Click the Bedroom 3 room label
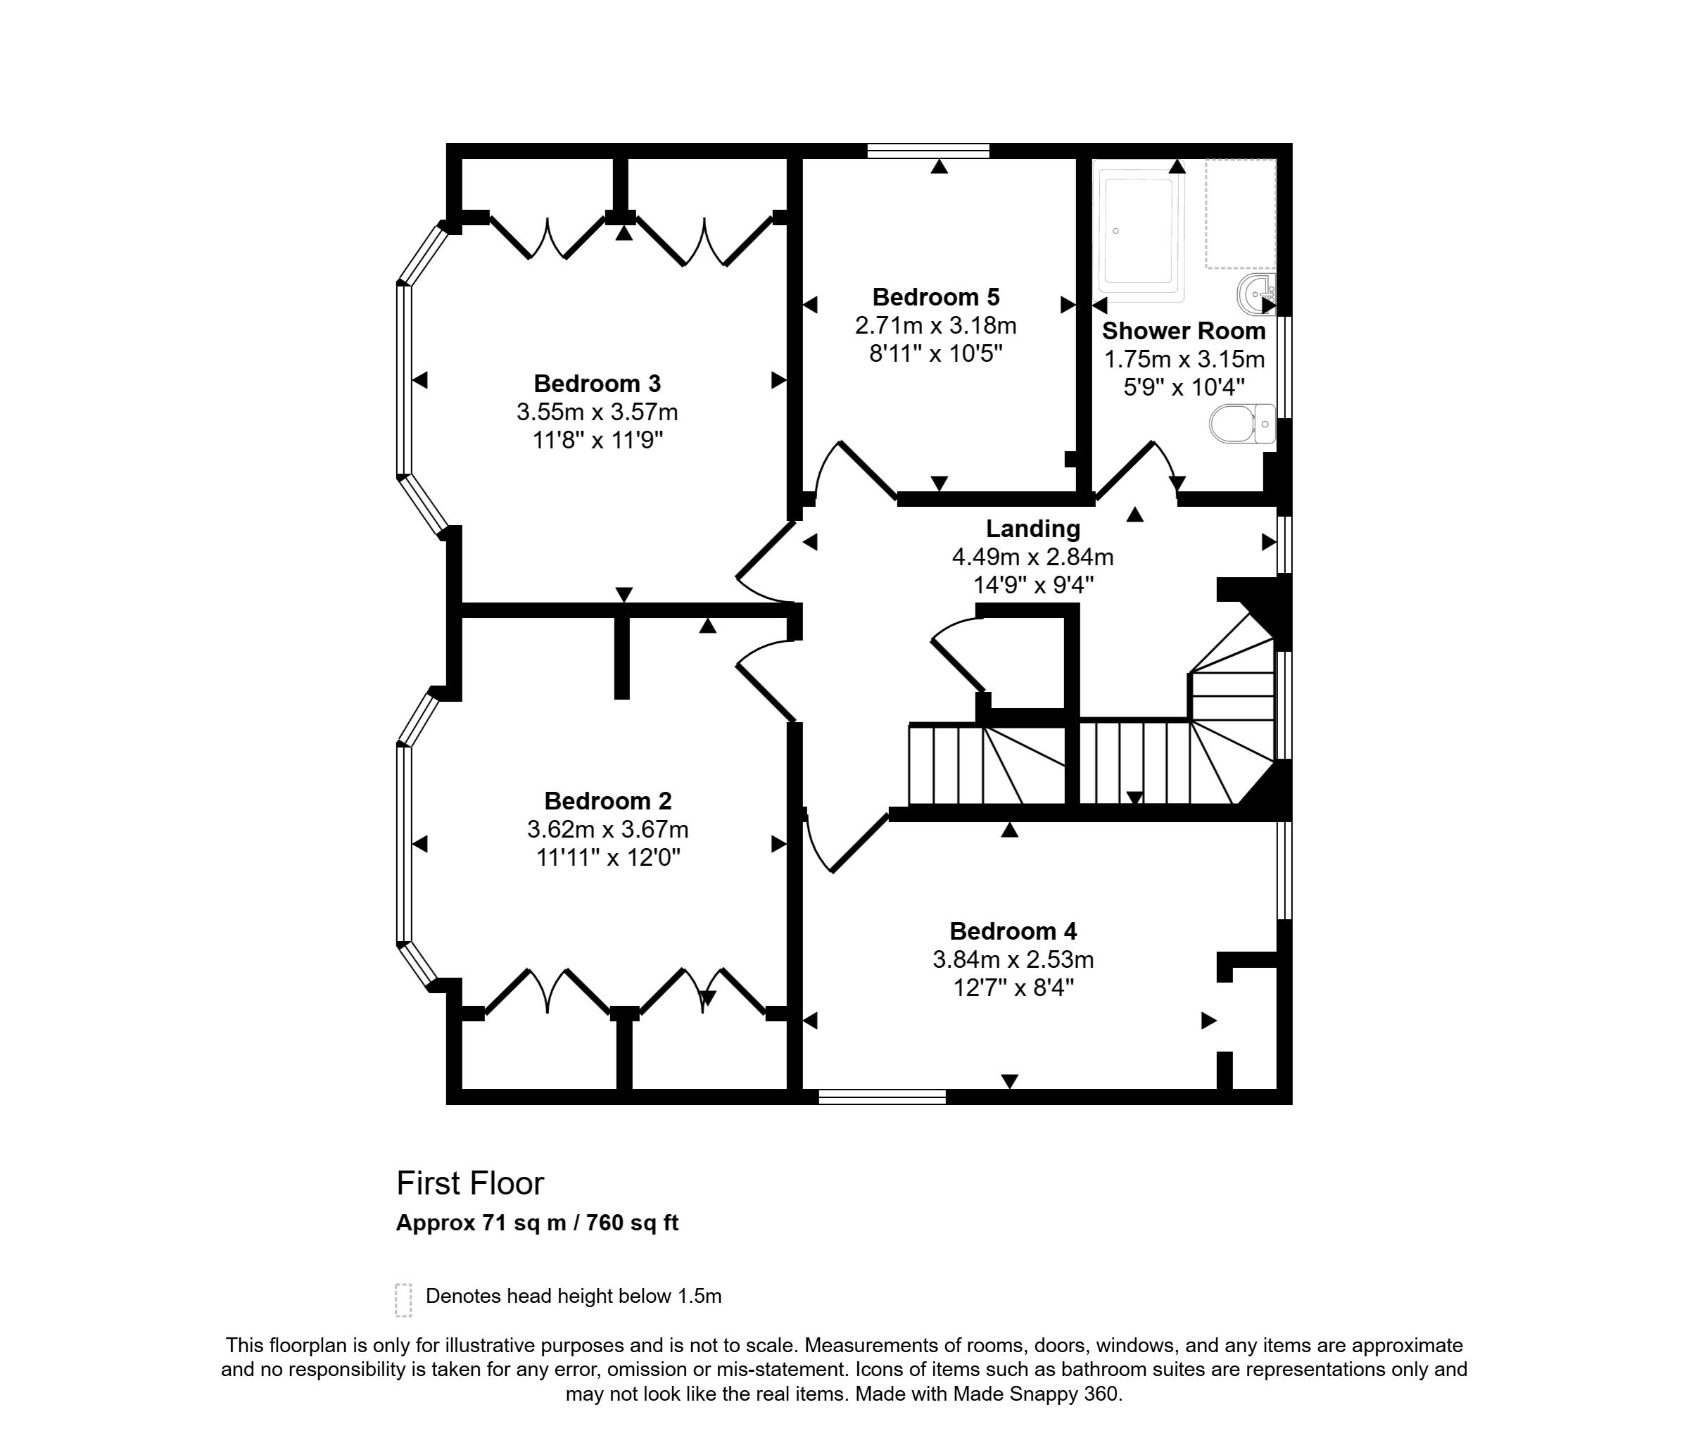pyautogui.click(x=597, y=383)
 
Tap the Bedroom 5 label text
pyautogui.click(x=935, y=297)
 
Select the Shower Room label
pyautogui.click(x=1184, y=331)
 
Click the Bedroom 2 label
pyautogui.click(x=607, y=800)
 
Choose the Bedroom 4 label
pyautogui.click(x=1013, y=931)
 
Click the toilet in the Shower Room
pyautogui.click(x=1241, y=424)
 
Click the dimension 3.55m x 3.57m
pyautogui.click(x=597, y=412)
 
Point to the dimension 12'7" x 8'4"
pyautogui.click(x=1013, y=988)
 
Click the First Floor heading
pyautogui.click(x=469, y=1184)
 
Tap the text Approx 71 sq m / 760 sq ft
pyautogui.click(x=536, y=1223)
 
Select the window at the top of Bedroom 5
pyautogui.click(x=928, y=150)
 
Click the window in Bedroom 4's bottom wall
pyautogui.click(x=881, y=1097)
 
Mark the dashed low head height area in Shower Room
pyautogui.click(x=1240, y=213)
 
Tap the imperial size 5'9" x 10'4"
pyautogui.click(x=1184, y=387)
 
